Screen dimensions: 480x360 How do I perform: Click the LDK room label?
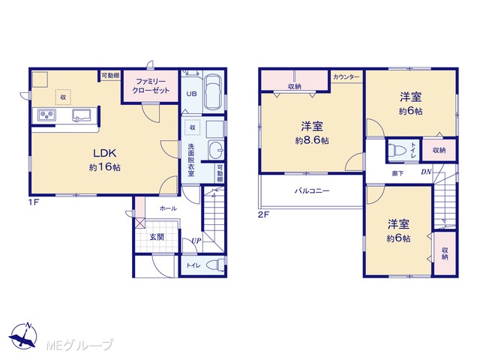[105, 153]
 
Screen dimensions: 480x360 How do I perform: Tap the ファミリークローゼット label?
[151, 86]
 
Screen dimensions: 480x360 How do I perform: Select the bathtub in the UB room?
[213, 91]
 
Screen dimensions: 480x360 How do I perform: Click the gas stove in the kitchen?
[46, 115]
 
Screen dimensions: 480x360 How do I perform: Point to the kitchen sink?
[82, 115]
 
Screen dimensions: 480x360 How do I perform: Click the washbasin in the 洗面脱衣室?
[216, 150]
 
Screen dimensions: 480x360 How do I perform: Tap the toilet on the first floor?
[216, 265]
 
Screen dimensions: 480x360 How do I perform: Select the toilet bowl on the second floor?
[397, 150]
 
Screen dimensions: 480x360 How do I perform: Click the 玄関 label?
[157, 237]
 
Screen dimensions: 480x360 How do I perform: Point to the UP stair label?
[196, 241]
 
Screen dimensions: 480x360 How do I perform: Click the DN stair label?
[426, 172]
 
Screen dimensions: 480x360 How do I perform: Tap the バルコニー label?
[312, 191]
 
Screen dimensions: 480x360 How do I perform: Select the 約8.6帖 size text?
[312, 140]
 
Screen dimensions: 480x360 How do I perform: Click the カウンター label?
[346, 76]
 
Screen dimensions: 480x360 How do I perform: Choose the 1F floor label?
[34, 202]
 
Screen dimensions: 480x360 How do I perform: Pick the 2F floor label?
[263, 214]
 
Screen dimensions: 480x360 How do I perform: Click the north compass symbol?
[23, 335]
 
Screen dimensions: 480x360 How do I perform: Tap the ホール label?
[168, 208]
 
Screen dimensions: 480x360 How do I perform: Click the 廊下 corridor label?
[397, 173]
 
